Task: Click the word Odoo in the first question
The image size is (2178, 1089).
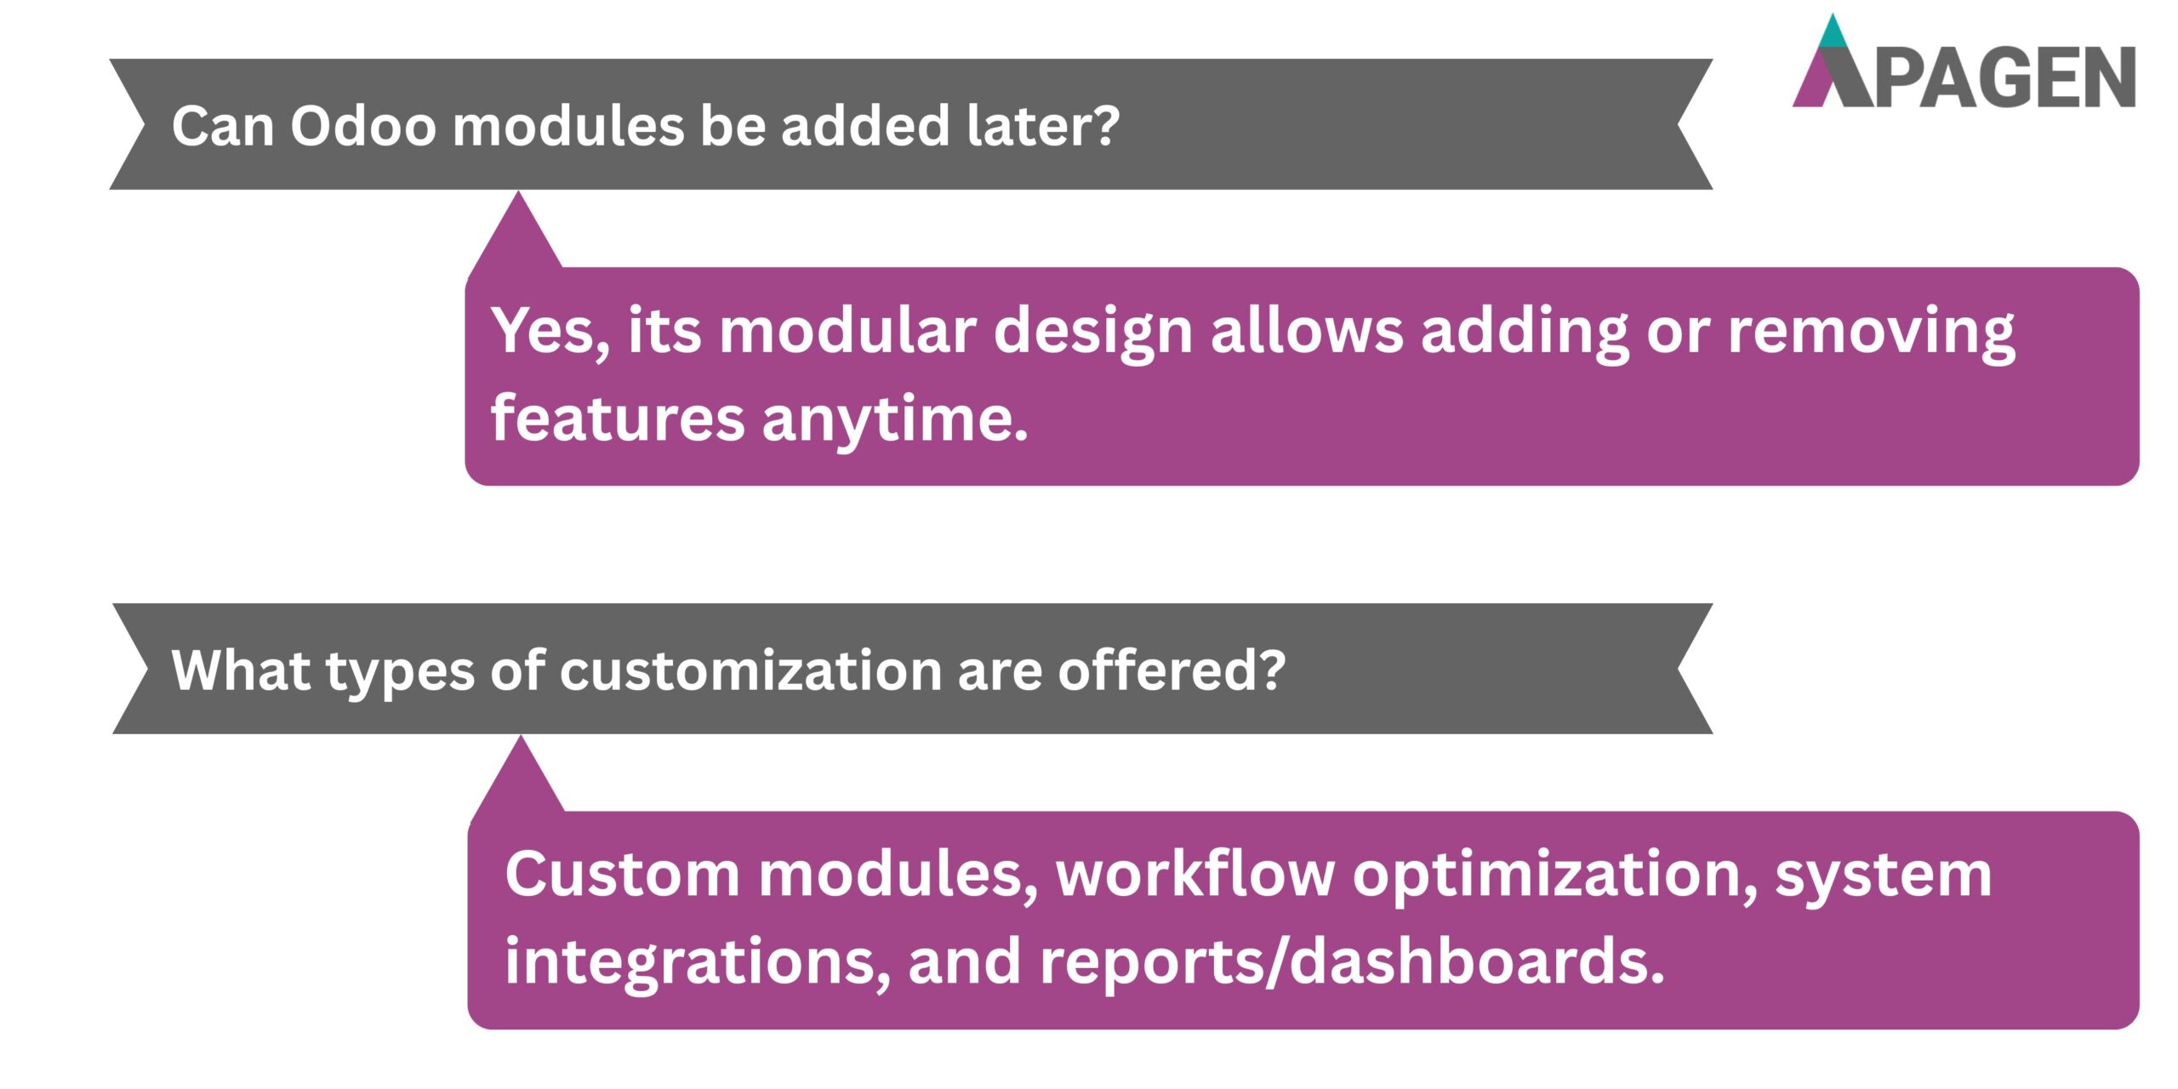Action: (362, 126)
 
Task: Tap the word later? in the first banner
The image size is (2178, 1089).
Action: (1043, 126)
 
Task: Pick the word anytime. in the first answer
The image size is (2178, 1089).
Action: (895, 419)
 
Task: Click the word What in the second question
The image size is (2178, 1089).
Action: (240, 670)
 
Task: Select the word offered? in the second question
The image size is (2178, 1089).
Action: (1172, 670)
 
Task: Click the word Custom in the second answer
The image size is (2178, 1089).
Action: (622, 874)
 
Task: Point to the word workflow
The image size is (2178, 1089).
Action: (1194, 874)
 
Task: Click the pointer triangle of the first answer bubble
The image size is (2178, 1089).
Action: (517, 234)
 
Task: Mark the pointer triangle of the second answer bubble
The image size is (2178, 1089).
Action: (520, 778)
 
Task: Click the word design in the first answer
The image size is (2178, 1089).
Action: (1092, 332)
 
